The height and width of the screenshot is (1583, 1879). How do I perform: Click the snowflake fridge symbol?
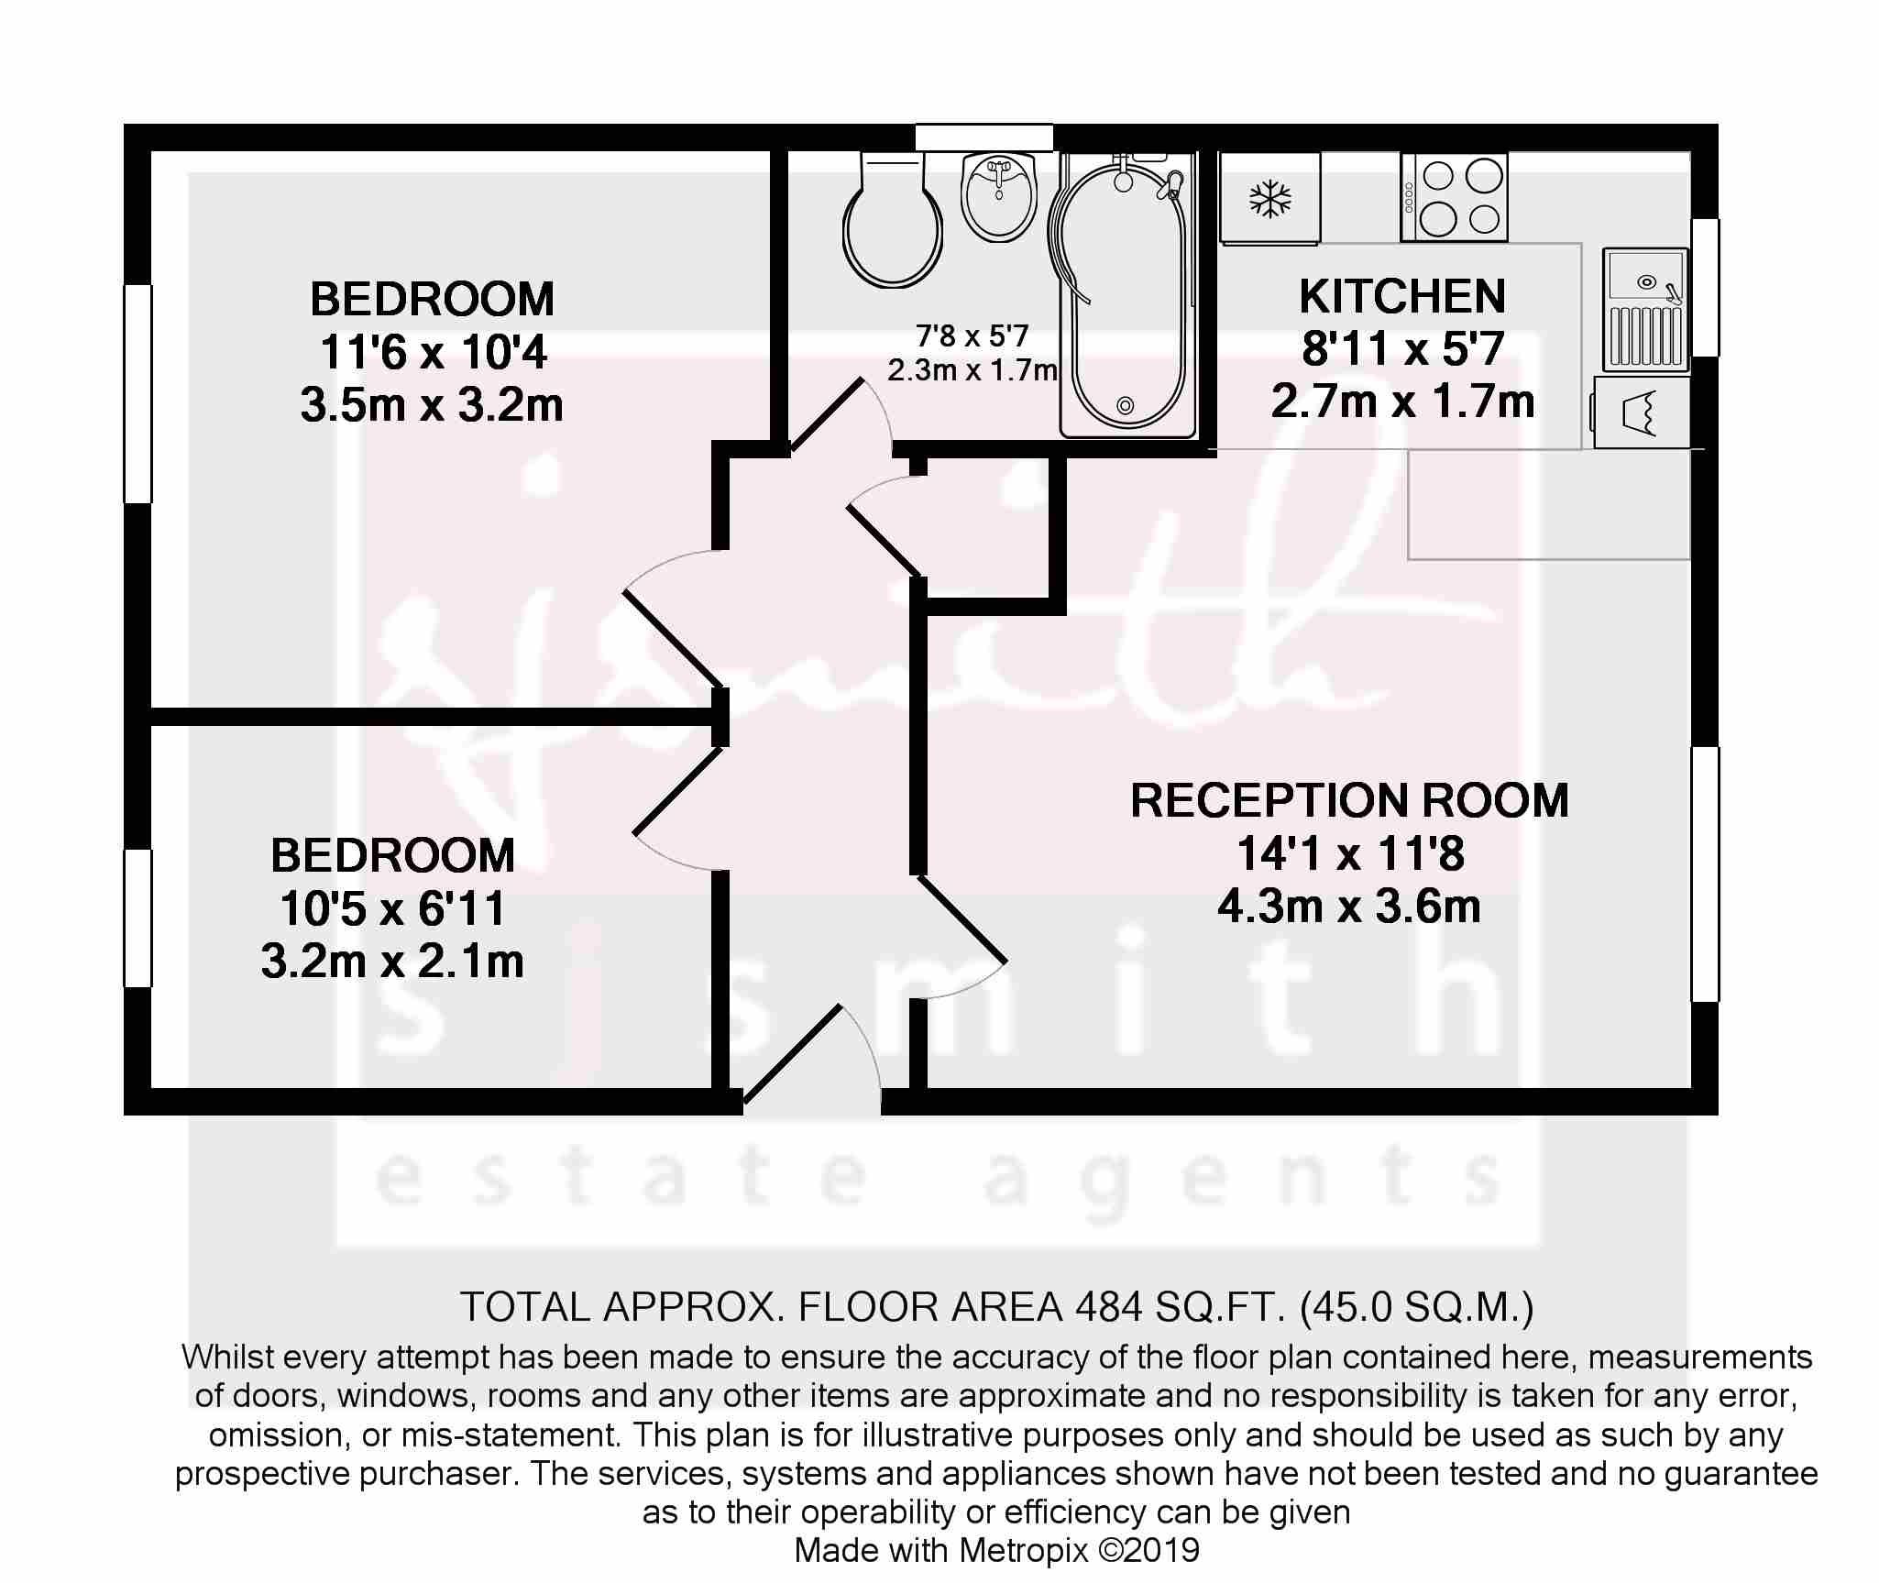click(x=1269, y=199)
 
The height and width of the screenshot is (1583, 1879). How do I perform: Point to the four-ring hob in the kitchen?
click(x=1454, y=197)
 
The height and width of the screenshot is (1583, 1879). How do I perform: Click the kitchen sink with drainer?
click(x=1646, y=308)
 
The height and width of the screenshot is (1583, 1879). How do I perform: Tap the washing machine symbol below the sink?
click(x=1642, y=412)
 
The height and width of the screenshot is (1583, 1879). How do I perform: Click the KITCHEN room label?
click(x=1402, y=296)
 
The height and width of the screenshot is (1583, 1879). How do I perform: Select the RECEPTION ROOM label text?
click(x=1349, y=800)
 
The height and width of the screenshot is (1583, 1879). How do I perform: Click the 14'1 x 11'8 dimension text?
click(x=1349, y=854)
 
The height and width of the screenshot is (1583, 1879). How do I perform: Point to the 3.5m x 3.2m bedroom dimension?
click(x=431, y=405)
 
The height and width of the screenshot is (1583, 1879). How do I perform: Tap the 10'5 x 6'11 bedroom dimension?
click(x=392, y=909)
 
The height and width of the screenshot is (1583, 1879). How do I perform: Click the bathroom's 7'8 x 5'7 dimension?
click(x=972, y=336)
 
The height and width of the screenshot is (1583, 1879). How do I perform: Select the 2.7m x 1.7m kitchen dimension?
click(x=1402, y=401)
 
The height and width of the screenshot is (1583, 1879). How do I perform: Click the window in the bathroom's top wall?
click(x=983, y=137)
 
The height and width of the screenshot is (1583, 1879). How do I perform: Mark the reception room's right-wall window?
click(x=1705, y=874)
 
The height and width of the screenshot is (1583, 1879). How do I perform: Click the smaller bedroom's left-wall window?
click(x=137, y=918)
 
